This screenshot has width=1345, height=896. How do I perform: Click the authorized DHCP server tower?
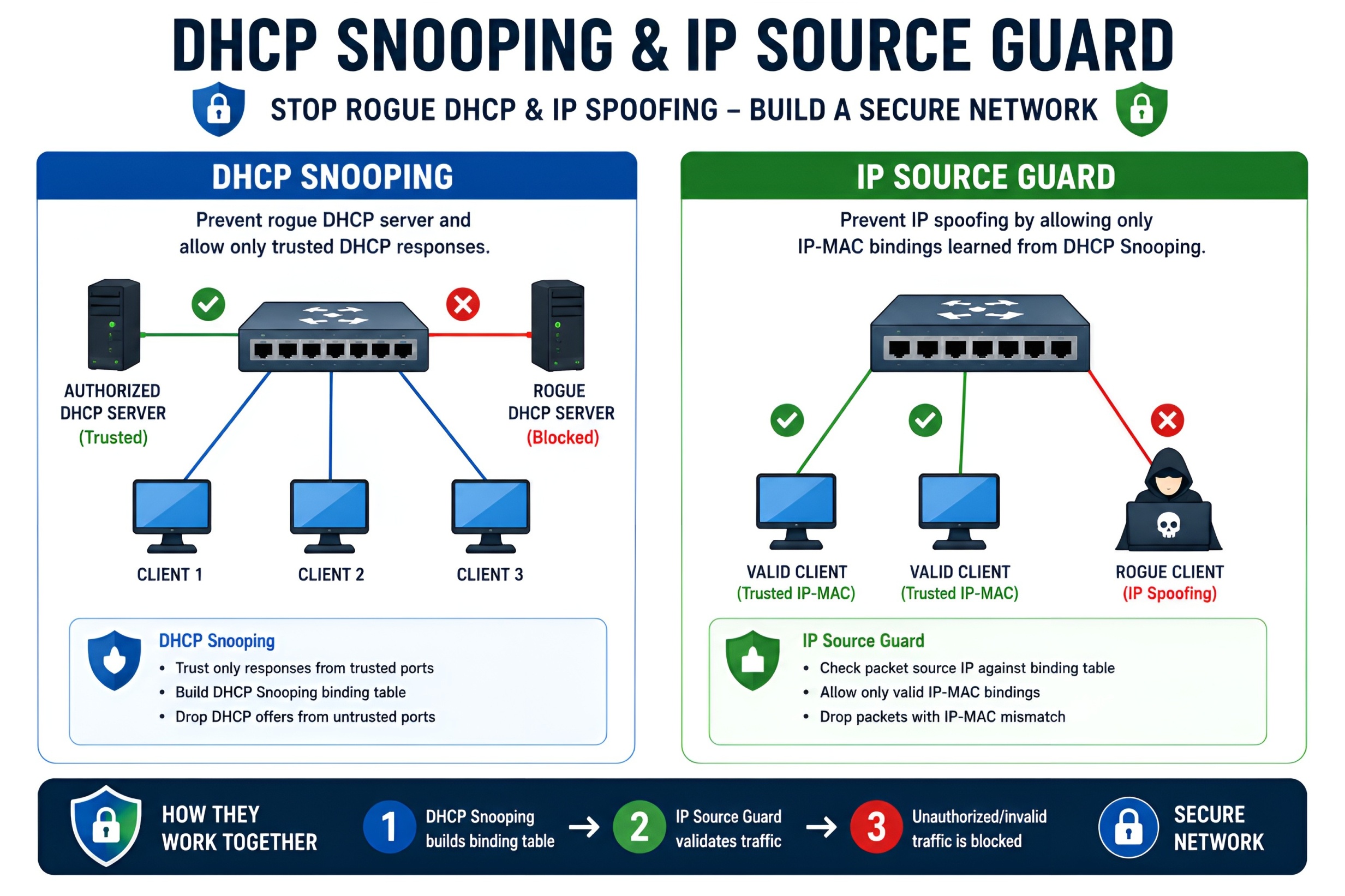click(113, 324)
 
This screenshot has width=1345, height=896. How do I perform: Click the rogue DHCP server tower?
click(557, 325)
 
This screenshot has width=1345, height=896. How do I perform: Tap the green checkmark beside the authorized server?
click(208, 304)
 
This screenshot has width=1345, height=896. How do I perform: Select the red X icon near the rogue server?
click(463, 304)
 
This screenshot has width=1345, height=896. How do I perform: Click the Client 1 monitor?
click(171, 516)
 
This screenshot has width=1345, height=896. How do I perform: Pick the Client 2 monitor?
click(329, 516)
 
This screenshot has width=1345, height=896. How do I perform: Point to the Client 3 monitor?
click(491, 516)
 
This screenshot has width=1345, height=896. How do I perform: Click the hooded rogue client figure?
click(1168, 500)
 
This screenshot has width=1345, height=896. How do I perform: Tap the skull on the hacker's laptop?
click(1168, 524)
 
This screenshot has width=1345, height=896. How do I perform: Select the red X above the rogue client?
click(1167, 420)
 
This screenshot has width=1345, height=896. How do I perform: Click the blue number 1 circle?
click(389, 827)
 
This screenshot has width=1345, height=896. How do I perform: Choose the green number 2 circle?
click(639, 827)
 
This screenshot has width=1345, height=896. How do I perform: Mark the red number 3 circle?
click(876, 827)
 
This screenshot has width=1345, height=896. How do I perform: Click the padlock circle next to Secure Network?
click(1128, 827)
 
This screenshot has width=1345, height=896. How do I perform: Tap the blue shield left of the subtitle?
click(218, 109)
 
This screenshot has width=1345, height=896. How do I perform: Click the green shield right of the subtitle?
click(1141, 109)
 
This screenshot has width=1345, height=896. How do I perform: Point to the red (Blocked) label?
click(563, 438)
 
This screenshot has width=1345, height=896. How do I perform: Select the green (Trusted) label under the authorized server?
click(113, 438)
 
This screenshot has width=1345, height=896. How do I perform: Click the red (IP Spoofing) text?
click(1169, 594)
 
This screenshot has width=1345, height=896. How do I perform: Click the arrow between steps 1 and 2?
click(584, 827)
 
